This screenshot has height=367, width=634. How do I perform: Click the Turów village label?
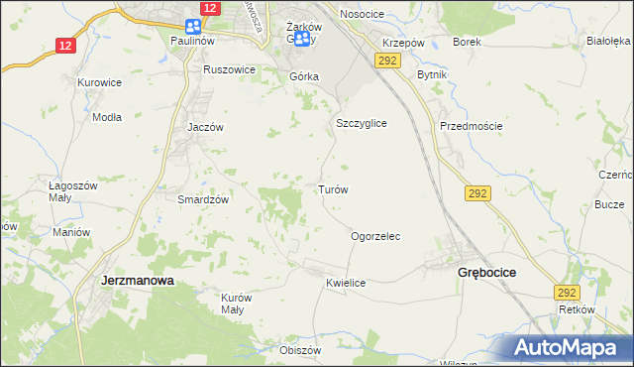coord(331,188)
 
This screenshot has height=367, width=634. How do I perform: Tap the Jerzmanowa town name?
coord(138,281)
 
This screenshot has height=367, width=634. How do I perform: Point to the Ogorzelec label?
coord(375,237)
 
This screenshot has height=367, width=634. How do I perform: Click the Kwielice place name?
coord(346,284)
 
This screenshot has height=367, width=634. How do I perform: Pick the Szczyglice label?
coord(361,123)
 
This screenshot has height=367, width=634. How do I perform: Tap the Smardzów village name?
coord(203,198)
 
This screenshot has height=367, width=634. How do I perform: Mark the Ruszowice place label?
coord(229,70)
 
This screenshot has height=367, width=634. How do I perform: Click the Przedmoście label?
coord(472,126)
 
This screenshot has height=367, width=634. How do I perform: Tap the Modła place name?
coord(106,116)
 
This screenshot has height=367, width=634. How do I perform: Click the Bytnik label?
coord(433,75)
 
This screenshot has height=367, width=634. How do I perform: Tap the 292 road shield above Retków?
coord(566,293)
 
